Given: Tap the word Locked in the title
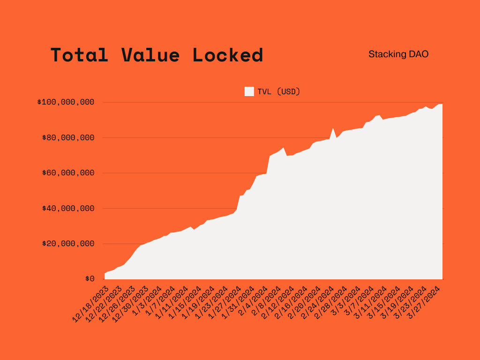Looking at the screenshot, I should [228, 55].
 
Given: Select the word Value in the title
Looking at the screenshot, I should [150, 55].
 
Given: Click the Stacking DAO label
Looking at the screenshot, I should [398, 54].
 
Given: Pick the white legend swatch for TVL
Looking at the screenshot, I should [249, 91].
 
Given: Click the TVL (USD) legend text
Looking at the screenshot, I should [278, 91].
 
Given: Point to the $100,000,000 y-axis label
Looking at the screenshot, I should [66, 102].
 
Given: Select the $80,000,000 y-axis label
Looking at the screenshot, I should [68, 138].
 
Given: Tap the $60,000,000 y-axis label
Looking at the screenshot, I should [68, 173].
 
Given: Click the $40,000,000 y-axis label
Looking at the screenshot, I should [68, 208].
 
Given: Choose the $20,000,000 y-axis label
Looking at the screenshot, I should [68, 244].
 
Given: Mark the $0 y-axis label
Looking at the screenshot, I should [90, 279].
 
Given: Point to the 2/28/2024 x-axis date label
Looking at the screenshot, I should [331, 302].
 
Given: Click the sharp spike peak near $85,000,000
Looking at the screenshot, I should [333, 128].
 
